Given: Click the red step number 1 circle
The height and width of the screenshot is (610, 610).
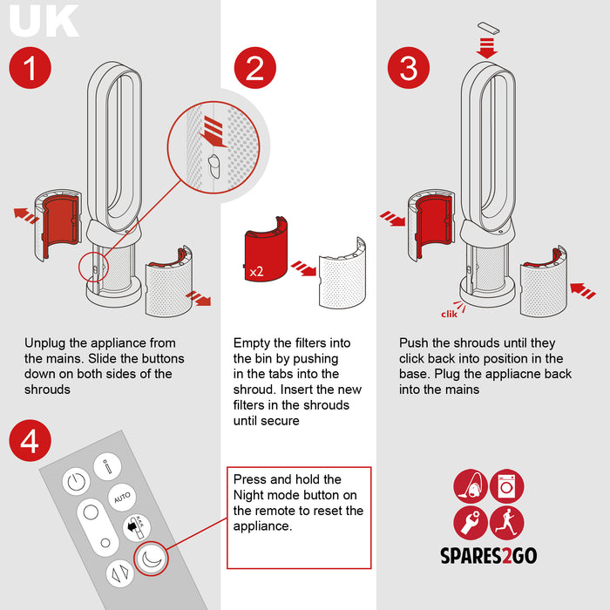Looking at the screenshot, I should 30,67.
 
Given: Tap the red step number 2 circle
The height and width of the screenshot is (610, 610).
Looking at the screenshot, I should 254,67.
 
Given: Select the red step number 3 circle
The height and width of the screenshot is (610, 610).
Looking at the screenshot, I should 409,67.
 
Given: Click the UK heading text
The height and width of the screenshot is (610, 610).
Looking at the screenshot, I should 44,22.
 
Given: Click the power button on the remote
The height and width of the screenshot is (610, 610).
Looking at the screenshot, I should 76,481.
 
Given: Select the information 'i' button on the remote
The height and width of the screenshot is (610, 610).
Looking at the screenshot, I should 107,465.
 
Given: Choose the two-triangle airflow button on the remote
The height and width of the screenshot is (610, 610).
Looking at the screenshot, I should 119,573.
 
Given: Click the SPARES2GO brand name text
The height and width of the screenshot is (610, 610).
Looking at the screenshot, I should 489,555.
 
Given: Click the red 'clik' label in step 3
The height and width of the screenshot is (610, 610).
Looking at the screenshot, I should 449,314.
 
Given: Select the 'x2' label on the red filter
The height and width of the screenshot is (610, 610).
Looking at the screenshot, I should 257,272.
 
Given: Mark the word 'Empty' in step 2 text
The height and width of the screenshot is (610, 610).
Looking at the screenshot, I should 252,343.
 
